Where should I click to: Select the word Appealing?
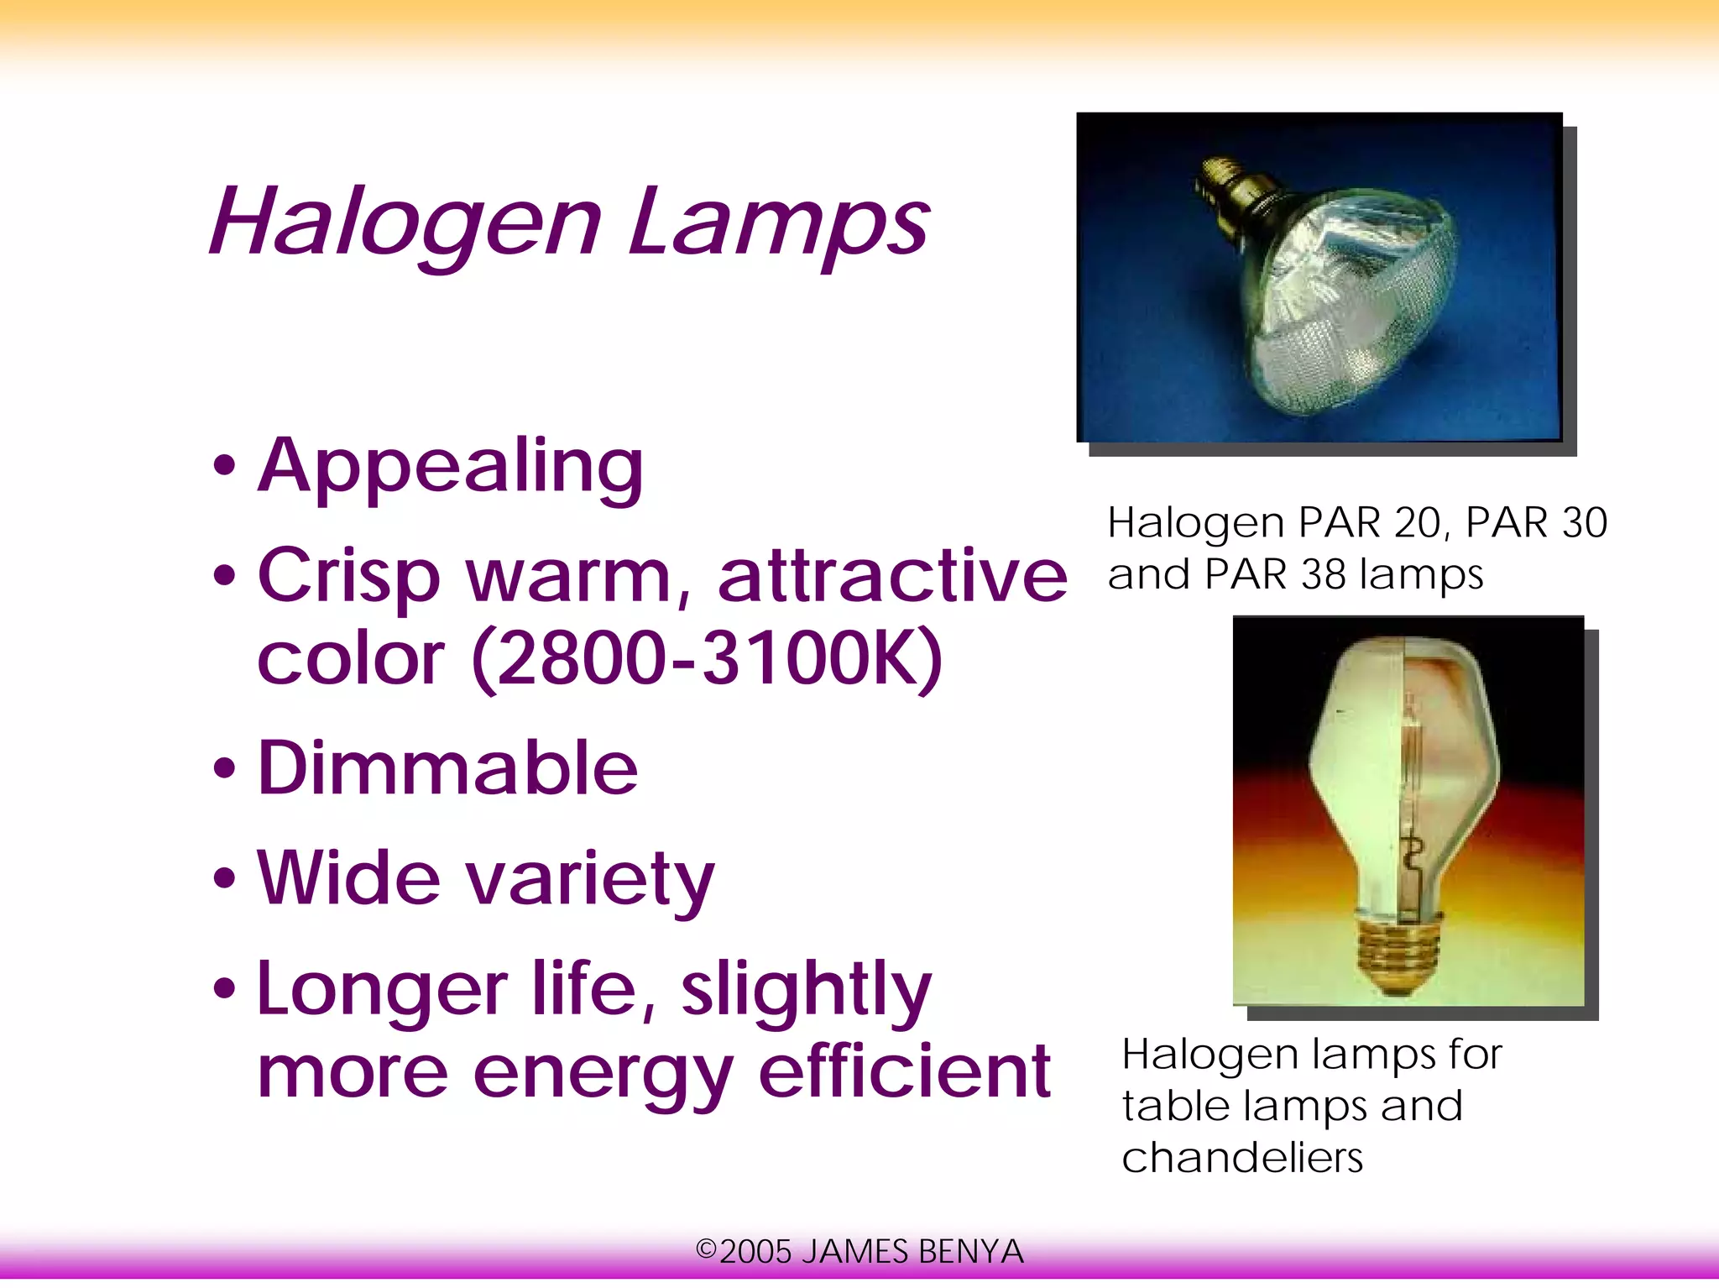[451, 467]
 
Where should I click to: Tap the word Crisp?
[348, 578]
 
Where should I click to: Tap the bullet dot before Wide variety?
[224, 879]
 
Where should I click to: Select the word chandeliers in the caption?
[1242, 1158]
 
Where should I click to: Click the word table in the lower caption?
[1175, 1106]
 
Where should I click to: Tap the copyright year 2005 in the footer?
[755, 1252]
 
